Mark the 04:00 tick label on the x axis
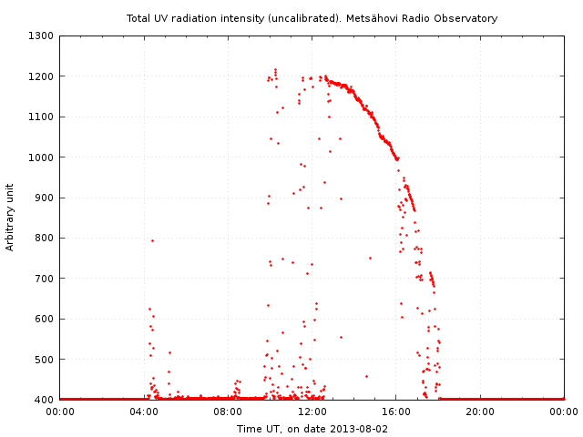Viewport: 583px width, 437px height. coord(144,412)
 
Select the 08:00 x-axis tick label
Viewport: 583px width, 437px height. coord(228,412)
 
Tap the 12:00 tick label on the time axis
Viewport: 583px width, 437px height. coord(312,412)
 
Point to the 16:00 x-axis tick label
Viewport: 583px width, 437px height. coord(396,412)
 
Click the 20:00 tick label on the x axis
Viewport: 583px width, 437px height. coord(480,412)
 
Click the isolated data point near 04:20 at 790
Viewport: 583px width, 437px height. coord(152,240)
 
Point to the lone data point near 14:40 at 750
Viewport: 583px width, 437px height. coord(370,258)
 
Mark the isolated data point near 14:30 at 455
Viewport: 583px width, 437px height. coord(366,376)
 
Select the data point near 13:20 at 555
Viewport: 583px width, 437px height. coord(341,337)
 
